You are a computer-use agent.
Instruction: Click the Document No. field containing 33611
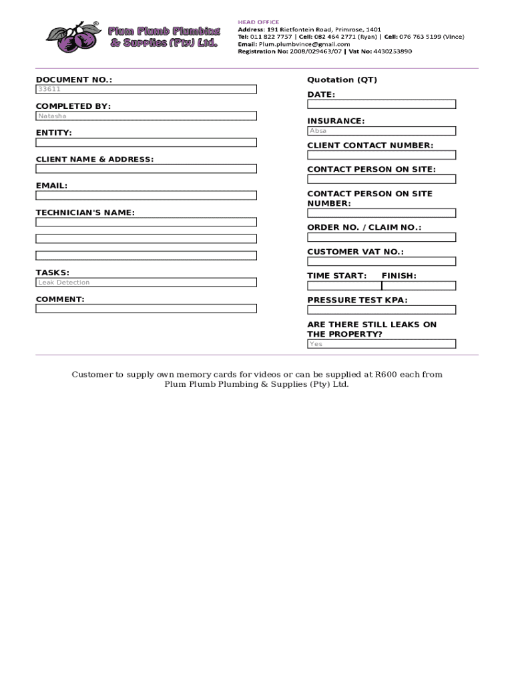pos(146,89)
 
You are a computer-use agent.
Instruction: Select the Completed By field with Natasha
pos(146,116)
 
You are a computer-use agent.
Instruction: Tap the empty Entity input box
pos(146,142)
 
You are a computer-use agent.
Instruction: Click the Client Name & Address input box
pos(146,169)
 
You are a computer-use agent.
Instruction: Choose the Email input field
pos(146,196)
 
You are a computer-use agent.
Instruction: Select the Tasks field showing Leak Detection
pos(146,283)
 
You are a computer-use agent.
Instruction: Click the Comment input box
pos(146,309)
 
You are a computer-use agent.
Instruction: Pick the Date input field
pos(381,104)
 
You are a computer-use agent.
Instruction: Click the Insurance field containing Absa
pos(381,131)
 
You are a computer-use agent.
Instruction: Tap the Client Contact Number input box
pos(381,155)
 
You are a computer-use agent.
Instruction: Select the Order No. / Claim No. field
pos(381,237)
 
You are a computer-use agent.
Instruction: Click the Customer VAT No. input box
pos(381,261)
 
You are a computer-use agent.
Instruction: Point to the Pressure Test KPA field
pos(381,310)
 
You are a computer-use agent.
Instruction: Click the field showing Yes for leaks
pos(381,344)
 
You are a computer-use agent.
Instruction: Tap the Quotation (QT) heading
pos(342,80)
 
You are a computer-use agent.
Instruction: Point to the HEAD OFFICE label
pos(259,22)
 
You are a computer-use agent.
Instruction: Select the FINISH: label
pos(399,276)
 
